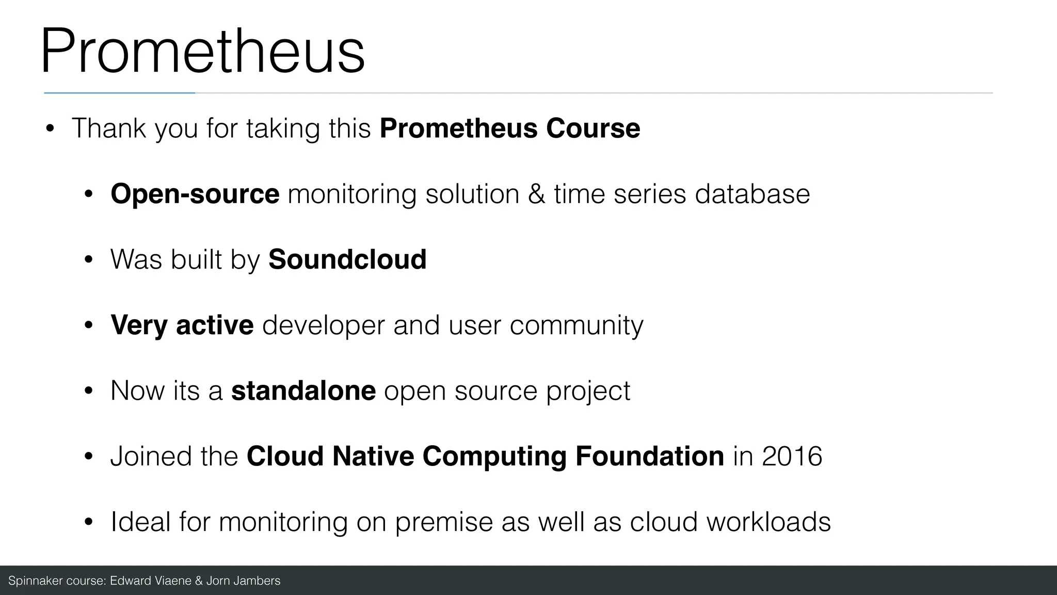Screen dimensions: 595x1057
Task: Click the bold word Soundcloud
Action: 347,259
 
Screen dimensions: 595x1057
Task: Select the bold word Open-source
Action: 195,194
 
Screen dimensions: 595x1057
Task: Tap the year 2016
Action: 792,456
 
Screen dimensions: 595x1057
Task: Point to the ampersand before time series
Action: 536,194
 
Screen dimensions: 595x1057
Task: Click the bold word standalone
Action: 303,390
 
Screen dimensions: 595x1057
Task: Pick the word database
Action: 752,194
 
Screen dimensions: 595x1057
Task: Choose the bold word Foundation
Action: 649,456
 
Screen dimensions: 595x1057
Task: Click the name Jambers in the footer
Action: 257,581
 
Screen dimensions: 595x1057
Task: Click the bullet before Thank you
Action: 50,129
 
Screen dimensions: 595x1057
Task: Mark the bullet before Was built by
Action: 88,260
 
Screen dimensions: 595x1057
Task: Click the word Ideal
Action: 140,522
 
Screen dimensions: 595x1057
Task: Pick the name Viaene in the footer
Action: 171,581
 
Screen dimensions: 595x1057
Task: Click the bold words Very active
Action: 182,325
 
